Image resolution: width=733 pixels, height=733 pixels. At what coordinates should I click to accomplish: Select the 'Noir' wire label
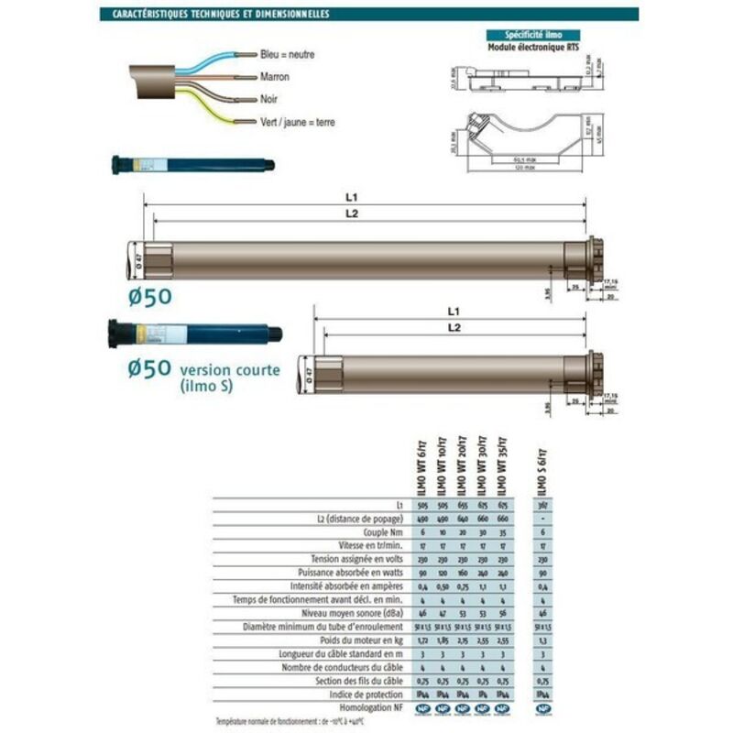click(269, 99)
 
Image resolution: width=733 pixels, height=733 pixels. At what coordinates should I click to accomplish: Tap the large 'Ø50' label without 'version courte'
click(149, 296)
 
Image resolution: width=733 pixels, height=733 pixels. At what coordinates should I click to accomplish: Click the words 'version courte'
click(230, 370)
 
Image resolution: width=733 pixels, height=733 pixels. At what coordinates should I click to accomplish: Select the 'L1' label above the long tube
click(352, 198)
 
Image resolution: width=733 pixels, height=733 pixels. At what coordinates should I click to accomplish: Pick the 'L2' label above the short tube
click(453, 328)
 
